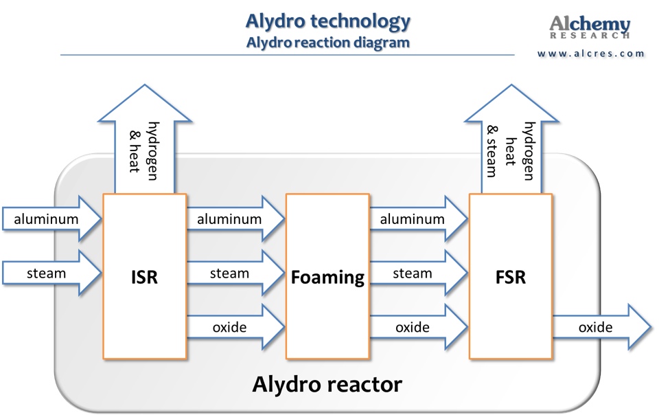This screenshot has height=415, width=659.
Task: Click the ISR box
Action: (144, 276)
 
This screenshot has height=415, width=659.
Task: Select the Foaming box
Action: (327, 276)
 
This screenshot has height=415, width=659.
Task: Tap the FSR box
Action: (510, 276)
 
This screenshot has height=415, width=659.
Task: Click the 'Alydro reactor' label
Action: (327, 384)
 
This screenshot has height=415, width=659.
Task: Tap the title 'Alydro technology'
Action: (327, 21)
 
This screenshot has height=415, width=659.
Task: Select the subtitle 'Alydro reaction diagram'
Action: (327, 42)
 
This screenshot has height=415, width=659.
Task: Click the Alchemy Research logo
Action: (590, 27)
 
